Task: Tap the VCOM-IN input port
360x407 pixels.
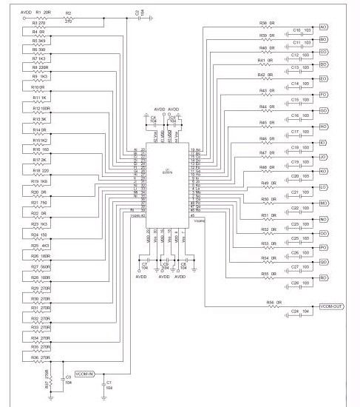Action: click(84, 374)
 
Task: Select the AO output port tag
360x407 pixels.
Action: click(323, 27)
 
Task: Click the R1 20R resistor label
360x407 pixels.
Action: click(43, 13)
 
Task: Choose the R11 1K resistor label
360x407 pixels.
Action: click(39, 98)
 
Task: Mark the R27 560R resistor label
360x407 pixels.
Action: click(40, 266)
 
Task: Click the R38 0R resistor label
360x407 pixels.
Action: click(268, 24)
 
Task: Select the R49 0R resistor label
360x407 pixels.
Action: click(268, 183)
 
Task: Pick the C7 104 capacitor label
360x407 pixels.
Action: click(144, 264)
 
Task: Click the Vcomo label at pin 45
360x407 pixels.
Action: click(199, 221)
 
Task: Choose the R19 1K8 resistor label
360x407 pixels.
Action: click(39, 181)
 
